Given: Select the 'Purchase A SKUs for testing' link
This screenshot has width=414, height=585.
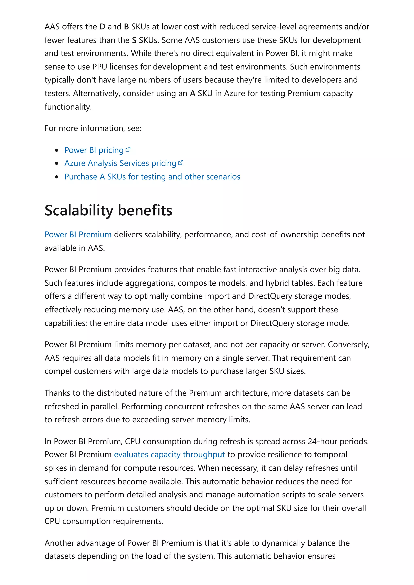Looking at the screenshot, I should pyautogui.click(x=152, y=177).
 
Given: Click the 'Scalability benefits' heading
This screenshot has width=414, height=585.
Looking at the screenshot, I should pyautogui.click(x=108, y=211).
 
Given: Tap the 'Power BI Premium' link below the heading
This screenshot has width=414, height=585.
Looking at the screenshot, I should pyautogui.click(x=78, y=234).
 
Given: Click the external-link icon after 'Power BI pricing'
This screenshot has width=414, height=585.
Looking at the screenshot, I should pyautogui.click(x=128, y=150).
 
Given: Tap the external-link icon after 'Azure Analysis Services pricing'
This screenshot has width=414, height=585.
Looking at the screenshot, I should pyautogui.click(x=181, y=162).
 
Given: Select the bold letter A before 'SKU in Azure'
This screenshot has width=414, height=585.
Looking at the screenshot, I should pyautogui.click(x=193, y=93).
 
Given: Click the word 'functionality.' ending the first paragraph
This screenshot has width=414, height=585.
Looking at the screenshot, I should pyautogui.click(x=68, y=107).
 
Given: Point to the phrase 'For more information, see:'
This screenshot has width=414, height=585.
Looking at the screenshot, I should pyautogui.click(x=93, y=128).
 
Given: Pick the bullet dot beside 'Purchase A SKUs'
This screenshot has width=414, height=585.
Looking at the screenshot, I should pyautogui.click(x=57, y=177).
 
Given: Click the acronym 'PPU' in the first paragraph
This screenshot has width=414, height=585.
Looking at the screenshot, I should pyautogui.click(x=99, y=67).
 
